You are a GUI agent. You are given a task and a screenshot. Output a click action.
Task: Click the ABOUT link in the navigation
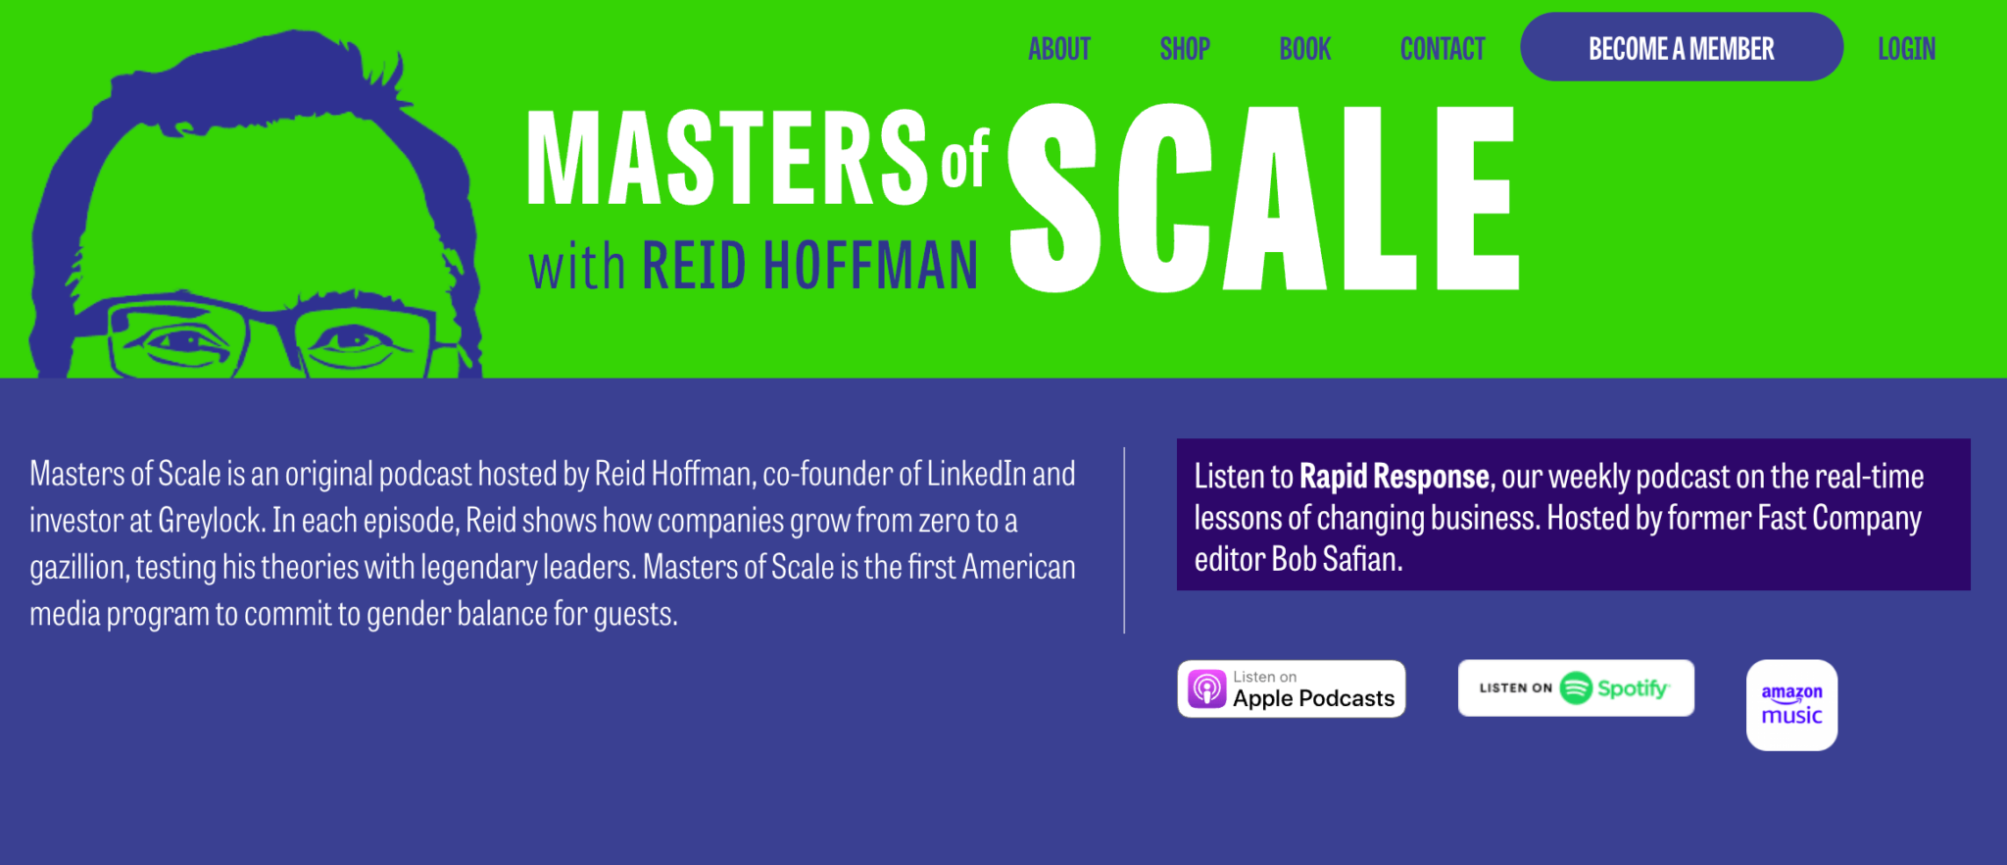click(1058, 48)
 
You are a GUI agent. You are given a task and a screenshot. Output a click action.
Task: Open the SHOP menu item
click(1185, 48)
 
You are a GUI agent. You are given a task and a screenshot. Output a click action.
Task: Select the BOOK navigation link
click(1304, 48)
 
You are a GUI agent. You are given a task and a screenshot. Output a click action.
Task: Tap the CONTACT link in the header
click(1443, 48)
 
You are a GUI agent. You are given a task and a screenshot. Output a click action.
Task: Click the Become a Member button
click(1682, 47)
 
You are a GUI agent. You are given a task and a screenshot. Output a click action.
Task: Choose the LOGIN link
click(1906, 48)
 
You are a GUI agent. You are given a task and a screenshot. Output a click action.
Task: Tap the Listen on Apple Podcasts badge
click(1292, 688)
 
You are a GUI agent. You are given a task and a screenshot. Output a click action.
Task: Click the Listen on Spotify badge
click(1576, 687)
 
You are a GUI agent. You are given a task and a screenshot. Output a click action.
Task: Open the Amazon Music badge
click(1791, 705)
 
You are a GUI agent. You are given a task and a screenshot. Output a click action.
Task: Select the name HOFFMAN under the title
click(870, 265)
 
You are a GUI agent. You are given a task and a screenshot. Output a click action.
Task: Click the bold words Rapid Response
click(1395, 477)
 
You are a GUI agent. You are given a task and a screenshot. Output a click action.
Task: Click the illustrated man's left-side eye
click(181, 341)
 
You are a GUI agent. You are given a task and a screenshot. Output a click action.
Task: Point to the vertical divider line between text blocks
click(1124, 540)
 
